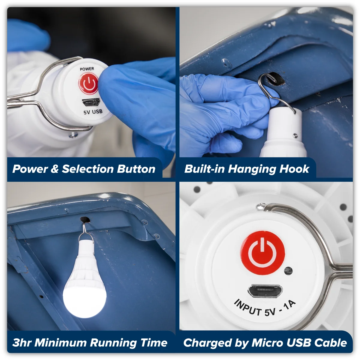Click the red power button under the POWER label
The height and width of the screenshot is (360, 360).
(88, 83)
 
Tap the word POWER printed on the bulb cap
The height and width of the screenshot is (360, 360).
(87, 69)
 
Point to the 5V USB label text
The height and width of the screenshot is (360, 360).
(93, 112)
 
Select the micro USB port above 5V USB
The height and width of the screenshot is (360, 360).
(91, 102)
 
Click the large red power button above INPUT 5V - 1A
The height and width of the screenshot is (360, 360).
(262, 253)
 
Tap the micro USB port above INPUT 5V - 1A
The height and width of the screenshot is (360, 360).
(265, 291)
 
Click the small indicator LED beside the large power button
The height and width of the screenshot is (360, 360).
(288, 271)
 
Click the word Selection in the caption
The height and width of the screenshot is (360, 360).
(88, 169)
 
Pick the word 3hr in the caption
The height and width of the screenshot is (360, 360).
(22, 343)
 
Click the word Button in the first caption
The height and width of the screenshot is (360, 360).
(136, 169)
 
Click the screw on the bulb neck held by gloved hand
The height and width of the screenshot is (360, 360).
(295, 136)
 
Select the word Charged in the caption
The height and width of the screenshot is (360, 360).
(208, 343)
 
